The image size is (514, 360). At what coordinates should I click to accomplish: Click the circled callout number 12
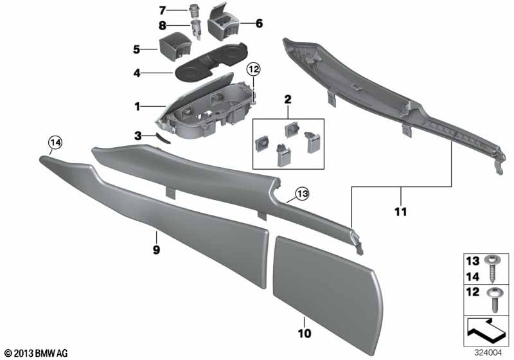[254, 69]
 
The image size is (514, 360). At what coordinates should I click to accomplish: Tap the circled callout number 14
[55, 143]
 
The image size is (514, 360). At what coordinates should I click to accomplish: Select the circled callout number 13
[302, 194]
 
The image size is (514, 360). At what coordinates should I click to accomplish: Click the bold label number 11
[400, 212]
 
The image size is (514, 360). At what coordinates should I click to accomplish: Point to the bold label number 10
[304, 334]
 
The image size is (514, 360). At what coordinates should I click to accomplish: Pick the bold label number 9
[156, 250]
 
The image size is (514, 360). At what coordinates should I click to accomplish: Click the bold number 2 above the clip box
[287, 99]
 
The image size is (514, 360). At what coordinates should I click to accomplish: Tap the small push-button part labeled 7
[195, 10]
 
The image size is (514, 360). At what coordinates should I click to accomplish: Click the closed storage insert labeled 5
[175, 46]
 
